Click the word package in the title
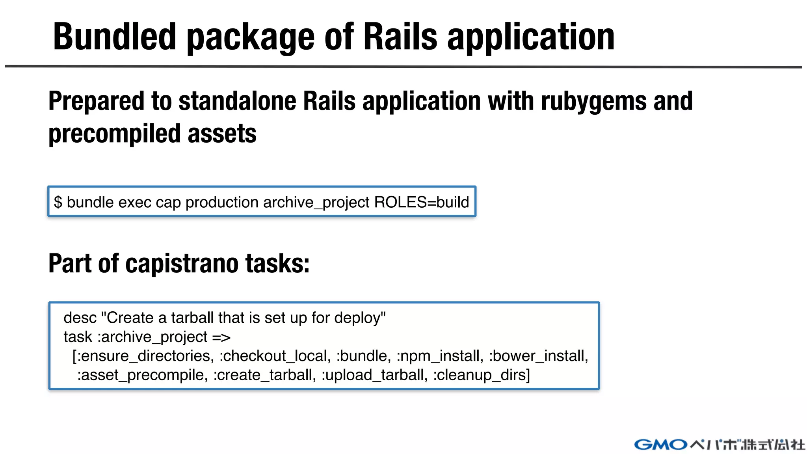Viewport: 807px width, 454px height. (251, 38)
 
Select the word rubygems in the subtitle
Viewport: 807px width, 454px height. (593, 102)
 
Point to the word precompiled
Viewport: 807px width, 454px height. (114, 134)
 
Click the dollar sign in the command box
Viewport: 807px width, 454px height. (58, 202)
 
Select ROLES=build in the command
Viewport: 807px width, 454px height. (421, 202)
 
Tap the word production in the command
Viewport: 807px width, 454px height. (222, 203)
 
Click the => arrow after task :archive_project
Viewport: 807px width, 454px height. (221, 337)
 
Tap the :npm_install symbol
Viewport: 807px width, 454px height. (440, 356)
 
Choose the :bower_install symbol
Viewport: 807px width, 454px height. (538, 356)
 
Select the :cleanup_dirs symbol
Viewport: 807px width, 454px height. (480, 375)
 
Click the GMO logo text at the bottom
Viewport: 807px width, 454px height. (660, 445)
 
